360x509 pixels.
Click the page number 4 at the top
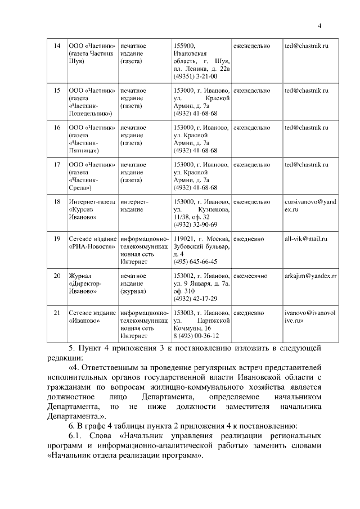click(319, 25)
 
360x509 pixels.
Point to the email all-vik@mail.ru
click(306, 238)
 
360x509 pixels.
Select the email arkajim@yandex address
click(310, 276)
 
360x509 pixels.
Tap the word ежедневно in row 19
click(249, 238)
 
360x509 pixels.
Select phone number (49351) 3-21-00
click(196, 76)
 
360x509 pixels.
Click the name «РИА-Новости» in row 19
click(92, 246)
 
